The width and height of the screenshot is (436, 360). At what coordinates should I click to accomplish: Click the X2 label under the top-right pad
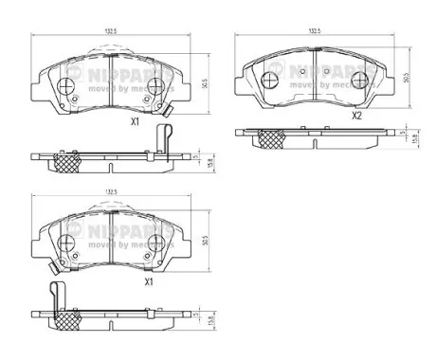[357, 117]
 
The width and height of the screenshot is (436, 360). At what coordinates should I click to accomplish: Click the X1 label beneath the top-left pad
[135, 122]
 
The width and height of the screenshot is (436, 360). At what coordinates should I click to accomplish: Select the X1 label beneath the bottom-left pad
[148, 281]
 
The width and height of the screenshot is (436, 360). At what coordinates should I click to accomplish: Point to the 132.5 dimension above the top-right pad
[315, 30]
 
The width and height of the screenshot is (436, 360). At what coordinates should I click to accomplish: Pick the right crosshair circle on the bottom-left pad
[148, 245]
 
